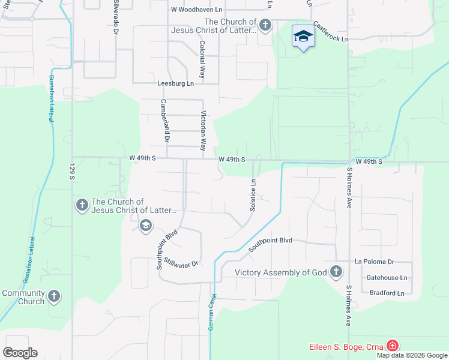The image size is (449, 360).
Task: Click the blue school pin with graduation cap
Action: (x=303, y=37)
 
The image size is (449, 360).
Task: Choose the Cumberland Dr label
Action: (x=165, y=121)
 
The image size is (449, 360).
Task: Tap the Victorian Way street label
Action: (x=204, y=130)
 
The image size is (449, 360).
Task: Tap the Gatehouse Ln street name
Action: (x=387, y=278)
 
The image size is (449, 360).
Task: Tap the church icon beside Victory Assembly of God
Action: (x=336, y=272)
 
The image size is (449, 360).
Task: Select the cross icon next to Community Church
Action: (x=54, y=296)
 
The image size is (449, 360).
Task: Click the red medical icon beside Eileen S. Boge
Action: (x=392, y=346)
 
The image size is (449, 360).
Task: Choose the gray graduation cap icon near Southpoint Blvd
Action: (x=145, y=226)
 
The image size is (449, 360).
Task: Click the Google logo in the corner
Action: (x=20, y=353)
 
